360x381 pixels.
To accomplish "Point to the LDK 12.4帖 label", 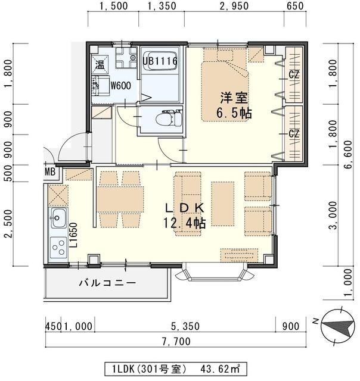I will (x=184, y=216).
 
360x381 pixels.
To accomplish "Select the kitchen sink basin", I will (x=58, y=218).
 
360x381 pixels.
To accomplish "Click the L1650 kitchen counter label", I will (x=73, y=235).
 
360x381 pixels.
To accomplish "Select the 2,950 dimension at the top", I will (x=233, y=7).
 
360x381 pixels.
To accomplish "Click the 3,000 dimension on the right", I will (x=337, y=216).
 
